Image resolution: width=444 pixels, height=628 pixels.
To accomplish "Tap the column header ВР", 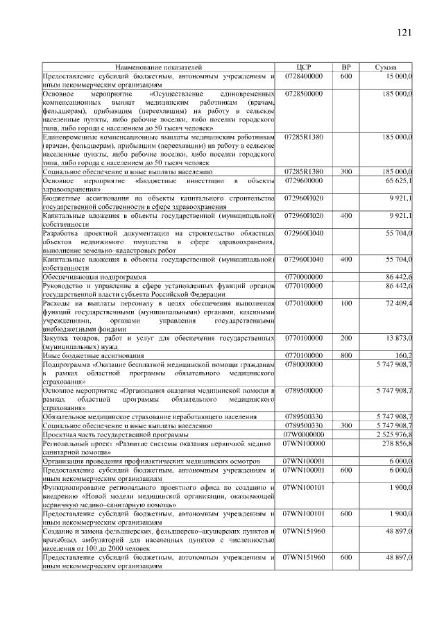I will click(346, 67).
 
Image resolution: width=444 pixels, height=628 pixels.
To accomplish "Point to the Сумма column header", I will click(385, 67).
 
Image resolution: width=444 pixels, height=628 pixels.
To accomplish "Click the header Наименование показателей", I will click(159, 67).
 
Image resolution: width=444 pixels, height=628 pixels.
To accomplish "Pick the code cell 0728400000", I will click(304, 76).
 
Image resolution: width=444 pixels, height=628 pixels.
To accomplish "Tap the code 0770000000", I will click(304, 276).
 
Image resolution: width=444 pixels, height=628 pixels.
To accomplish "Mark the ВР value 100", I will click(346, 303).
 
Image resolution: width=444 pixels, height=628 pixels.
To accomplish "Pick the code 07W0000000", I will click(304, 434).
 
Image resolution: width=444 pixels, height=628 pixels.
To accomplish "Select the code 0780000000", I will click(304, 364).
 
